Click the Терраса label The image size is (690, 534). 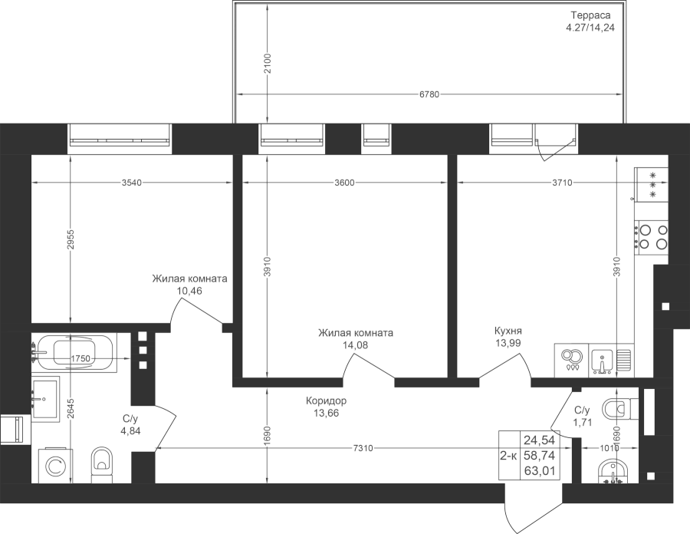pyautogui.click(x=590, y=15)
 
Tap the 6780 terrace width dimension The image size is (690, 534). pyautogui.click(x=429, y=94)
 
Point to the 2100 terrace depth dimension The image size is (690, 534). pyautogui.click(x=268, y=64)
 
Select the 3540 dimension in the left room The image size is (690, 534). pyautogui.click(x=132, y=183)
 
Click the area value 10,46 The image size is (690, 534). pyautogui.click(x=189, y=291)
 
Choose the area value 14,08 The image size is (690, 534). pyautogui.click(x=356, y=345)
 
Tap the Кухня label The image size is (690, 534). pyautogui.click(x=508, y=331)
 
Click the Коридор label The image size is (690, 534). pyautogui.click(x=326, y=401)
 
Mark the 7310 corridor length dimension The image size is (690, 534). pyautogui.click(x=363, y=449)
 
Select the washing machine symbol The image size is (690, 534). pyautogui.click(x=56, y=466)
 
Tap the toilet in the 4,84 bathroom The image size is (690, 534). pyautogui.click(x=103, y=465)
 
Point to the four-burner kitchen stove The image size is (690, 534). pyautogui.click(x=651, y=237)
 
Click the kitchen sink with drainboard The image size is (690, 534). pyautogui.click(x=611, y=360)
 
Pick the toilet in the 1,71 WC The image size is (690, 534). pyautogui.click(x=619, y=407)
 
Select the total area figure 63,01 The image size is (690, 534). pyautogui.click(x=540, y=472)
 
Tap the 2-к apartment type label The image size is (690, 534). pyautogui.click(x=509, y=456)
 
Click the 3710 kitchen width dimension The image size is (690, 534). pyautogui.click(x=563, y=183)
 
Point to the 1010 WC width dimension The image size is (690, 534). pyautogui.click(x=610, y=449)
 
